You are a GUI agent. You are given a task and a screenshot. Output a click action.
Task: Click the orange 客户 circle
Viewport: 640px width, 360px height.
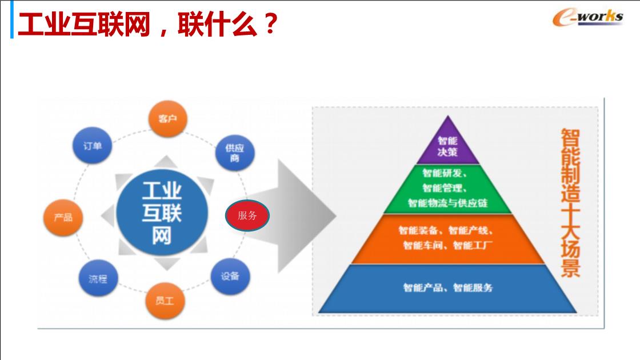[167, 119]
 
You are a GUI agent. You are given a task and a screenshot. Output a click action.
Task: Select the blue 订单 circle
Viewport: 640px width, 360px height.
[92, 146]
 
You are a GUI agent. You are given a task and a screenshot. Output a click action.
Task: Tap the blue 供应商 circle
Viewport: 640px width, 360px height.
[235, 153]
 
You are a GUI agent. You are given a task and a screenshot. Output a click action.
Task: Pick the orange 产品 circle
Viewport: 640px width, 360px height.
[63, 218]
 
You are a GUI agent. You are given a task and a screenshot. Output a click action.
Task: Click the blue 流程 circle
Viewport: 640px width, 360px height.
[98, 278]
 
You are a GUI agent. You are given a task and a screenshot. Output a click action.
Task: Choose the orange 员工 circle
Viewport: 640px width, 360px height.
[165, 301]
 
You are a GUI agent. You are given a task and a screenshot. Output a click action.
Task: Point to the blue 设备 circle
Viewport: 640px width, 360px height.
[230, 277]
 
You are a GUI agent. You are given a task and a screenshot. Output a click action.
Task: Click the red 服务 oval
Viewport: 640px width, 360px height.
[247, 215]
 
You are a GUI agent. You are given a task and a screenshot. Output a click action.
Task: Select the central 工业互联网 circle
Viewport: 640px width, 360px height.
[162, 212]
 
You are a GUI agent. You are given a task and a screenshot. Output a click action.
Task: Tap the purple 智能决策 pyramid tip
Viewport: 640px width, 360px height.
[448, 143]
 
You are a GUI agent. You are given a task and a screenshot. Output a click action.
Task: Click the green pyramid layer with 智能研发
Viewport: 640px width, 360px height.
[448, 189]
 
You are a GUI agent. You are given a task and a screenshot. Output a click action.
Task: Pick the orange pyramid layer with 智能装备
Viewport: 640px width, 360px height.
[448, 239]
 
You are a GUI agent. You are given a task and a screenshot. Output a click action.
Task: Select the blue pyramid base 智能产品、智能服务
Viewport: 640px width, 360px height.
[448, 289]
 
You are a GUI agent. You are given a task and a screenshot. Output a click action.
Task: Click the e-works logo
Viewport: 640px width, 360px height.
[588, 18]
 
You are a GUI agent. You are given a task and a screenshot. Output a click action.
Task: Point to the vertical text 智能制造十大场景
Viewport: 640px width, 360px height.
[570, 203]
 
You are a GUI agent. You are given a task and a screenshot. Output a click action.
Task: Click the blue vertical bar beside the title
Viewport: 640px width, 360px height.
[12, 19]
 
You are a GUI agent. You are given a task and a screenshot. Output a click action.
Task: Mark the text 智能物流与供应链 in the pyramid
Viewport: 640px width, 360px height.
[448, 203]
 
